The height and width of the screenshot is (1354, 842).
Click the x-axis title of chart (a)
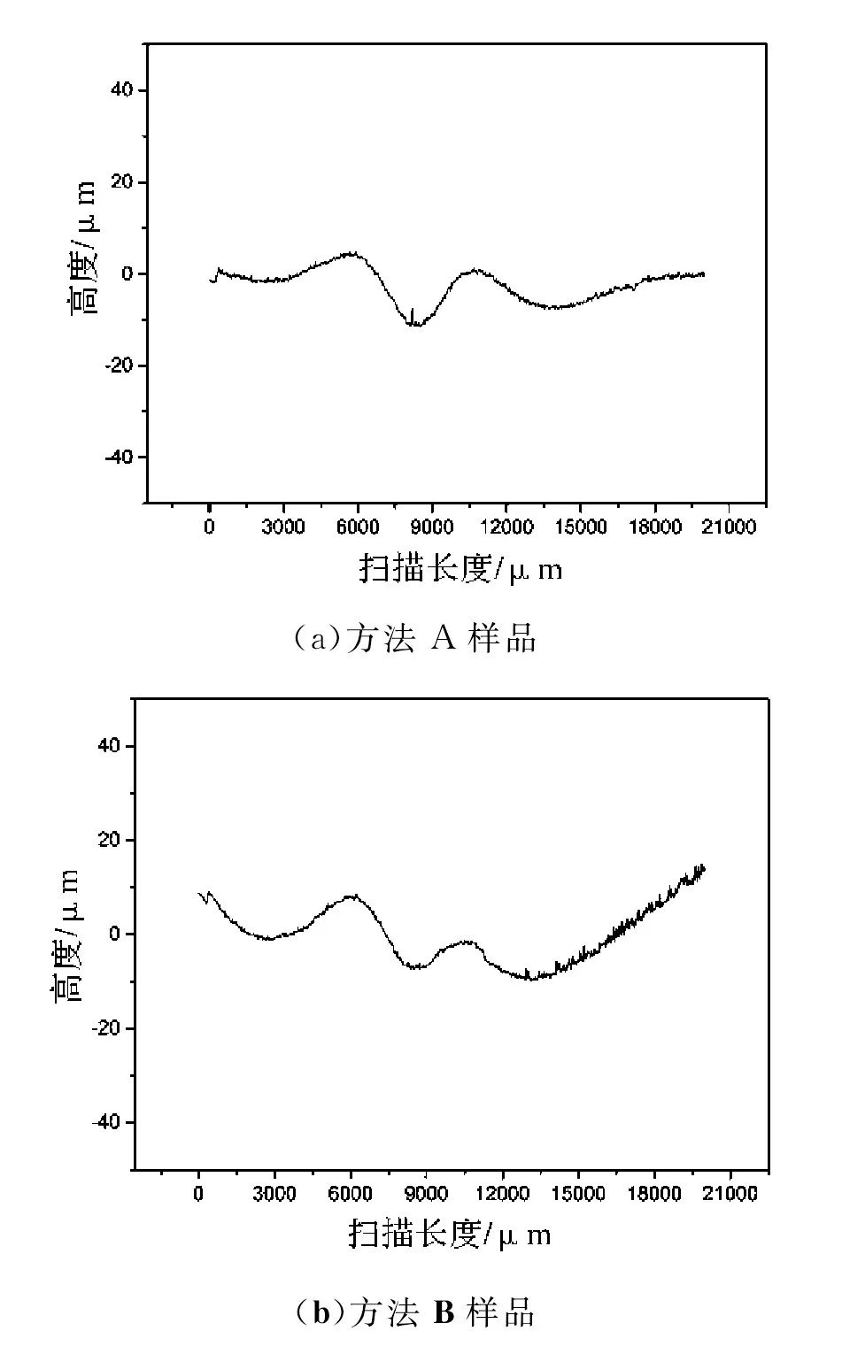(x=460, y=568)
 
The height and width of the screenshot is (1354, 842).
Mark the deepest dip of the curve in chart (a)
(x=414, y=325)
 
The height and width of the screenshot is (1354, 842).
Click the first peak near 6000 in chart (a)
(x=351, y=254)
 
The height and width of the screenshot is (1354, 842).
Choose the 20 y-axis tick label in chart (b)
(x=110, y=839)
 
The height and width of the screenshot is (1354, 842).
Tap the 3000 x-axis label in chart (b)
(x=274, y=1194)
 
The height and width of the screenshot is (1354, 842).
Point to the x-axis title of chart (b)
(x=450, y=1234)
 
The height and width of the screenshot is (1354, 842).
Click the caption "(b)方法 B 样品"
(x=415, y=1312)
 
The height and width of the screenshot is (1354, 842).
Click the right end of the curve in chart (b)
(x=703, y=868)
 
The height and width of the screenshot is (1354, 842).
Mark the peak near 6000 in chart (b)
(x=353, y=896)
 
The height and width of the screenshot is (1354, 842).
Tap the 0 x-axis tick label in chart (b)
(x=198, y=1194)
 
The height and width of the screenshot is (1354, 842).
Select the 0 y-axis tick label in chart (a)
(x=128, y=273)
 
